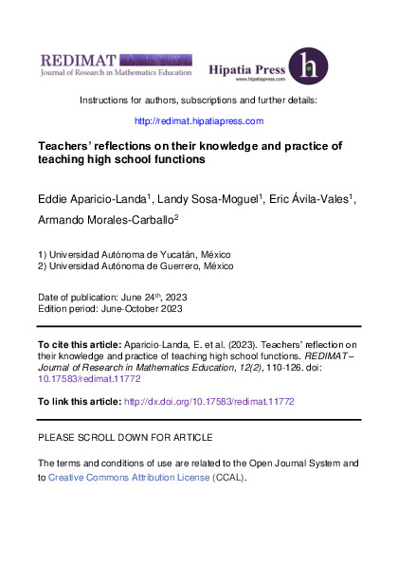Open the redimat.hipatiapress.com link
pyautogui.click(x=198, y=121)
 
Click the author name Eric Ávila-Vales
pyautogui.click(x=310, y=202)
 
